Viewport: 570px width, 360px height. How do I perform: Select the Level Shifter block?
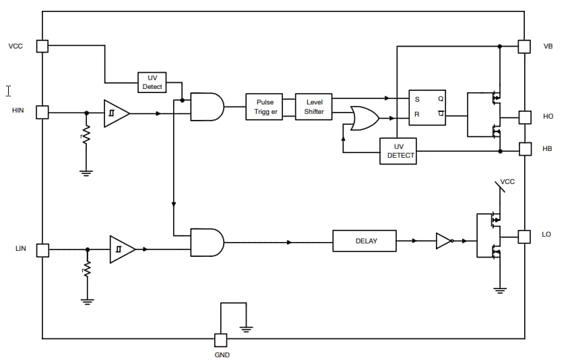(314, 107)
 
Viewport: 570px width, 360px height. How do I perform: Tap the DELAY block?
(365, 241)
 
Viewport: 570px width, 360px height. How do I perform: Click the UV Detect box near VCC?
(152, 82)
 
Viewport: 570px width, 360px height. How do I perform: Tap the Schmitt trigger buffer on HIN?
(115, 113)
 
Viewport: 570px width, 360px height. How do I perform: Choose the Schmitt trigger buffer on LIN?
(121, 249)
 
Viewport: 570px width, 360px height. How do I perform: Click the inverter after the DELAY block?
(444, 241)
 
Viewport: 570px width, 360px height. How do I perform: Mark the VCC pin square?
(42, 46)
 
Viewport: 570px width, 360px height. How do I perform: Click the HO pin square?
(524, 117)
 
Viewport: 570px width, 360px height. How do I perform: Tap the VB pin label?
(548, 47)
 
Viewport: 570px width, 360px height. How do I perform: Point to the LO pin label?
(546, 235)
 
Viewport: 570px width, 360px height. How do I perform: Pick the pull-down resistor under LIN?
(86, 271)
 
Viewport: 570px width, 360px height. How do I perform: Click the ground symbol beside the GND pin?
(246, 328)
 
